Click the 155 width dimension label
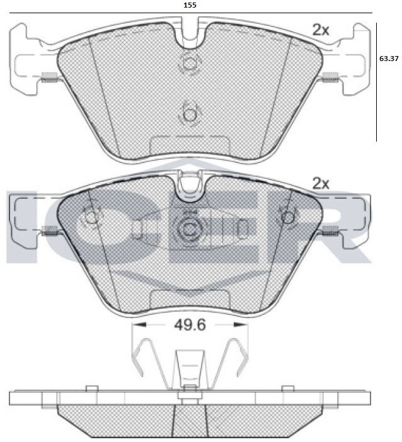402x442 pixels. tap(190, 5)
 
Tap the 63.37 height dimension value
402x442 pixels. tap(389, 59)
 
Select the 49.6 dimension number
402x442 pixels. tap(190, 326)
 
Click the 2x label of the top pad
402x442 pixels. tap(321, 30)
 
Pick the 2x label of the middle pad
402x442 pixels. tap(321, 184)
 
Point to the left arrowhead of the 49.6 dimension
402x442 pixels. tap(140, 325)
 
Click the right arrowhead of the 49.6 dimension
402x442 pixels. tap(241, 325)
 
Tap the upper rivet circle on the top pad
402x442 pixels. tap(189, 62)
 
